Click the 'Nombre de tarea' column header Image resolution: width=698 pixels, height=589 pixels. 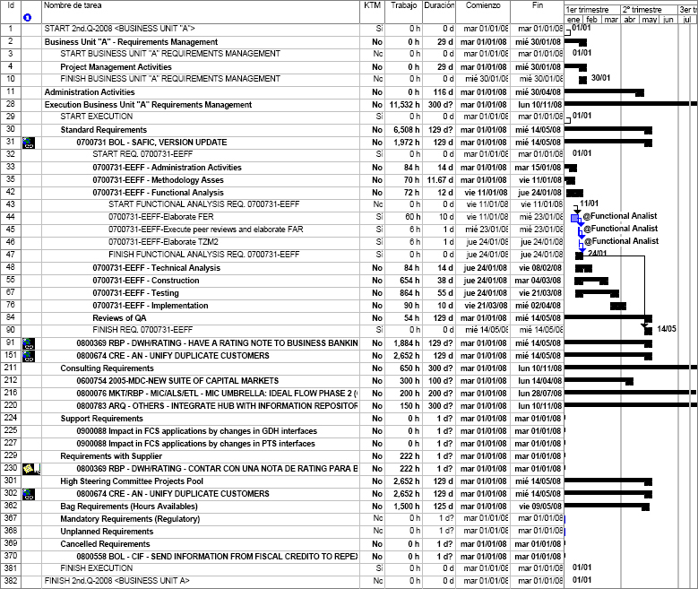71,6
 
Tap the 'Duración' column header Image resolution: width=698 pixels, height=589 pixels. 439,6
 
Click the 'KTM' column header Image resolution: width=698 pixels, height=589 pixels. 372,6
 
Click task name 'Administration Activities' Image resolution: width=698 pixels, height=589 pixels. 90,91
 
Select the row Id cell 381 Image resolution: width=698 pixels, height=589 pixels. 10,568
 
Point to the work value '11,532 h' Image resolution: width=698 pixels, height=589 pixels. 405,104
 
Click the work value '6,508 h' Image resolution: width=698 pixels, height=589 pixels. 407,129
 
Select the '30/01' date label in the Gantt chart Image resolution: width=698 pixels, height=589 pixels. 600,79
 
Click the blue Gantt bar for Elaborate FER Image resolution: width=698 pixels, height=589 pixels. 575,216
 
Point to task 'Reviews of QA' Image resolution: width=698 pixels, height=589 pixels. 119,317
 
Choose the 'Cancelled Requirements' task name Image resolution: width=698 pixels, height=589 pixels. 105,543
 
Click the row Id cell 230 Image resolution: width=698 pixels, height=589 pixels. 10,468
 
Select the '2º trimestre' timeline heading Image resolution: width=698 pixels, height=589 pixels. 640,8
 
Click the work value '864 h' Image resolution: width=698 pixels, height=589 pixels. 409,292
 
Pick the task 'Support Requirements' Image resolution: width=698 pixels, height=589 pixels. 101,418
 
